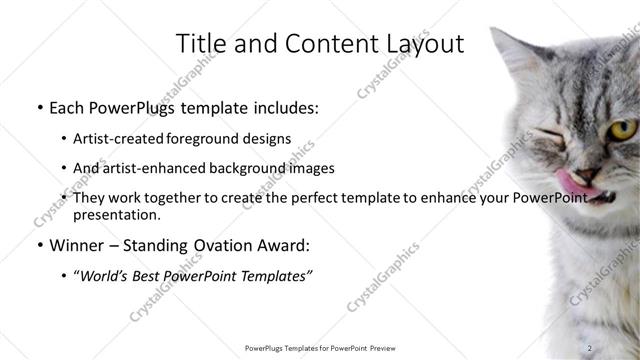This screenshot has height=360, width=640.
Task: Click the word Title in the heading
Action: pyautogui.click(x=200, y=44)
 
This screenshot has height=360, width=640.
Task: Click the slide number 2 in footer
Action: pyautogui.click(x=591, y=348)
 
